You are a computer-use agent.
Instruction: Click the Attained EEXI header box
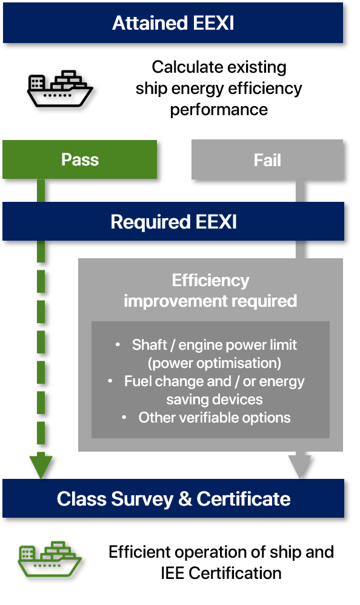(x=173, y=23)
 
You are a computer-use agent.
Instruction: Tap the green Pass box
(x=80, y=159)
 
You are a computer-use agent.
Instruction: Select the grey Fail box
(x=267, y=160)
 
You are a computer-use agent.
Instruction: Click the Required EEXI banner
(x=173, y=221)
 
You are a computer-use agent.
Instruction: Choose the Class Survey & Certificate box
(x=173, y=498)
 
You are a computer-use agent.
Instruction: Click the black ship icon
(x=60, y=89)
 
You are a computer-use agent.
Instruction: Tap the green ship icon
(x=50, y=559)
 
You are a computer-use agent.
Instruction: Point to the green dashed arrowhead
(x=41, y=467)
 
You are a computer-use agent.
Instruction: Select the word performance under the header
(x=219, y=110)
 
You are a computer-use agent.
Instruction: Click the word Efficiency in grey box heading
(x=210, y=281)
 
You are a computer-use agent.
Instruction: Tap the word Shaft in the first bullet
(x=150, y=344)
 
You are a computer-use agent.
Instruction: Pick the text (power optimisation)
(x=215, y=363)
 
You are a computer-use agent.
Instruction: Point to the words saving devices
(x=215, y=399)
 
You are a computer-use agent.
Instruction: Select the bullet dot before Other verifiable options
(x=124, y=417)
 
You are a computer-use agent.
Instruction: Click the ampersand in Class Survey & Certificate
(x=185, y=498)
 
